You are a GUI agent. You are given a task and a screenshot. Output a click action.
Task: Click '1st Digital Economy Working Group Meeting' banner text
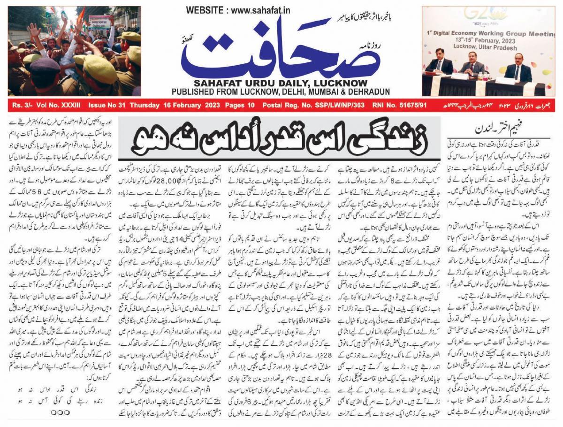pos(497,34)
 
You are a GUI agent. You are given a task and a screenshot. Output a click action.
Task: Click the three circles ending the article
pos(60,414)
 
